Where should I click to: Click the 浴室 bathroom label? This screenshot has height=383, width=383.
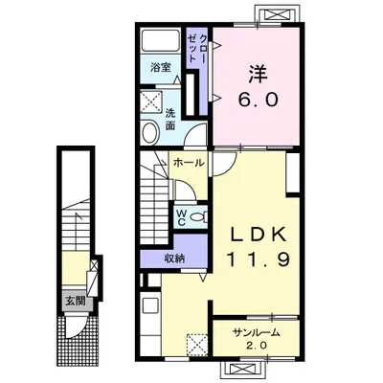coord(161,68)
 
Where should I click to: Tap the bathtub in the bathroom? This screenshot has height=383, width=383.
coord(161,40)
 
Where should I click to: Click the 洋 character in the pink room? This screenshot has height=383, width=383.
coord(258,74)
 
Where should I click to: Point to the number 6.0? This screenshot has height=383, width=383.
coord(258,100)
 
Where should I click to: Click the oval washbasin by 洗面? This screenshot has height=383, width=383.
coord(150,133)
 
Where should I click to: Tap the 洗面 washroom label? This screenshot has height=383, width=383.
coord(171,119)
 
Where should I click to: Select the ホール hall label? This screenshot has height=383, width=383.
coord(189,163)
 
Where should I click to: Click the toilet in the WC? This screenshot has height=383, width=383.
coord(199,217)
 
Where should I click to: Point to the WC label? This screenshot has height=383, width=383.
coord(181,217)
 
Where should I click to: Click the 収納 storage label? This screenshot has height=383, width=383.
coord(174,258)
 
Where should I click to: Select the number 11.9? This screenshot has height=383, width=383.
coord(259,259)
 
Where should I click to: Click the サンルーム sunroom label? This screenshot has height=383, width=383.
coord(257,333)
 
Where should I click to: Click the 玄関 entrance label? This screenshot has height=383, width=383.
coord(76,301)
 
